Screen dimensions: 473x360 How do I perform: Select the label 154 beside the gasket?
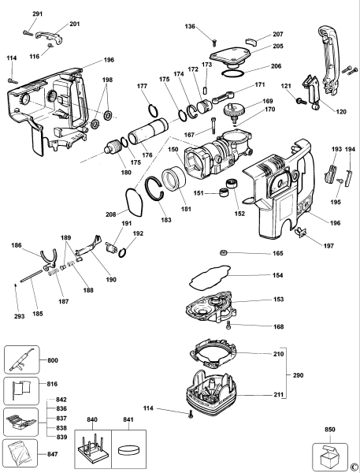pos(278,275)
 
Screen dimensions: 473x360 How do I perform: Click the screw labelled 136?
pos(213,36)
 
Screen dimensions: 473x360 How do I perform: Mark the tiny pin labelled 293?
pos(14,285)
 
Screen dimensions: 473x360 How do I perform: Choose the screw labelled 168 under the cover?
pos(228,323)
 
